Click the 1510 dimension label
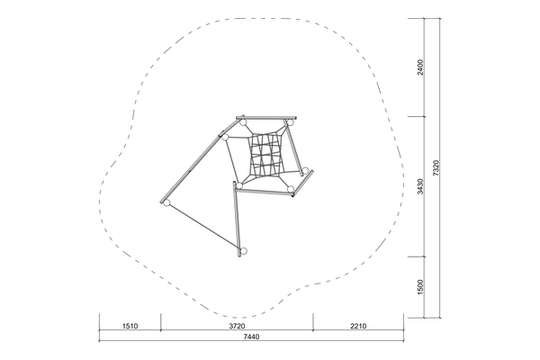[x=130, y=326]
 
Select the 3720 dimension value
[x=237, y=326]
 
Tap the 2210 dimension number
[x=358, y=326]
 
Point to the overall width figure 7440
[x=251, y=337]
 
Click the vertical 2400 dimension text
[x=420, y=67]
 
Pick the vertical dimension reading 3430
[x=420, y=186]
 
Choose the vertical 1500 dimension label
[x=420, y=287]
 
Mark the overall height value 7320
[x=436, y=168]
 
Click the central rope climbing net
[x=265, y=155]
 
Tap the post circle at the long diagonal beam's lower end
[x=166, y=202]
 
